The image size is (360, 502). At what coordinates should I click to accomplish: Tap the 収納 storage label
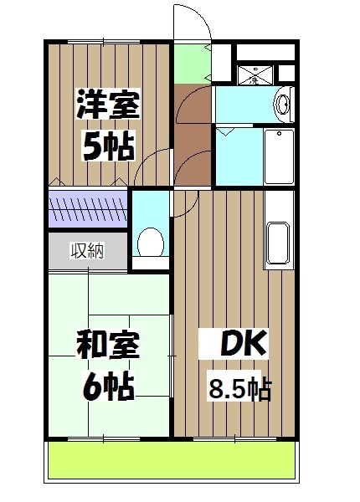tap(87, 250)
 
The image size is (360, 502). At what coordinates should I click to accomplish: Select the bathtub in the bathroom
tap(276, 156)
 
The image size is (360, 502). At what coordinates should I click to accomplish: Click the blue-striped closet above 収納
tap(87, 210)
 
